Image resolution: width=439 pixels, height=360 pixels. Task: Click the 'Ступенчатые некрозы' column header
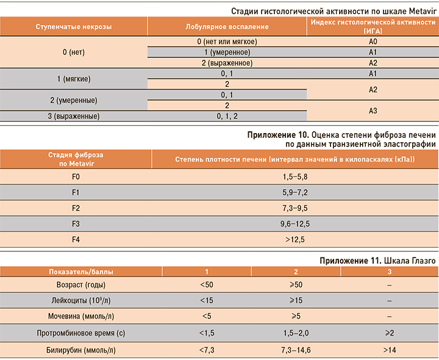pos(74,27)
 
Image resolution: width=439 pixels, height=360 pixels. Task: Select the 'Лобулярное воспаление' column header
pos(227,27)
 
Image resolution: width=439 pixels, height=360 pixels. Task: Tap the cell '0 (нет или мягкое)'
pos(227,41)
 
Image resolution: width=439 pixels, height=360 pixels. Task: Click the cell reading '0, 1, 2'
pos(227,116)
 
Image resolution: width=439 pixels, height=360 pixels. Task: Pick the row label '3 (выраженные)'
pos(74,116)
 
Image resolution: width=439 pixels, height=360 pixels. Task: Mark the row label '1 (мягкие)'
pos(74,79)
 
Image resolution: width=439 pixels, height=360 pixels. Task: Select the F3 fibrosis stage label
pos(76,223)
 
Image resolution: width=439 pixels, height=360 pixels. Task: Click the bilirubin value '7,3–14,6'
pos(295,350)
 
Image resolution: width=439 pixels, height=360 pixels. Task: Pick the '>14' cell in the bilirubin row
pos(389,350)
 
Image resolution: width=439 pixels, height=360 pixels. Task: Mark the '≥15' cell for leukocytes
pos(295,300)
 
